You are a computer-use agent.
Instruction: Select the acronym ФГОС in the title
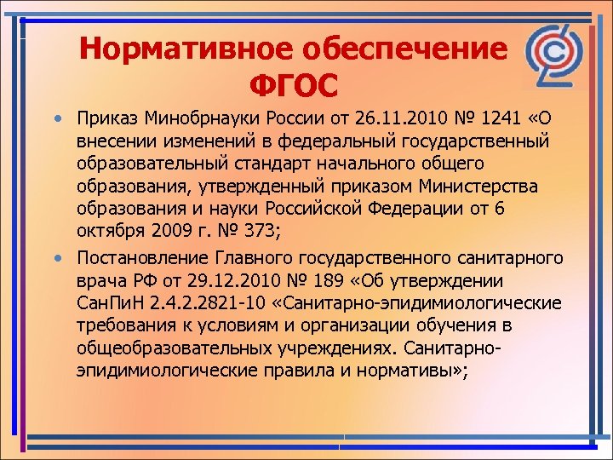[x=294, y=86]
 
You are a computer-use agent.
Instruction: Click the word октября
[x=108, y=230]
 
